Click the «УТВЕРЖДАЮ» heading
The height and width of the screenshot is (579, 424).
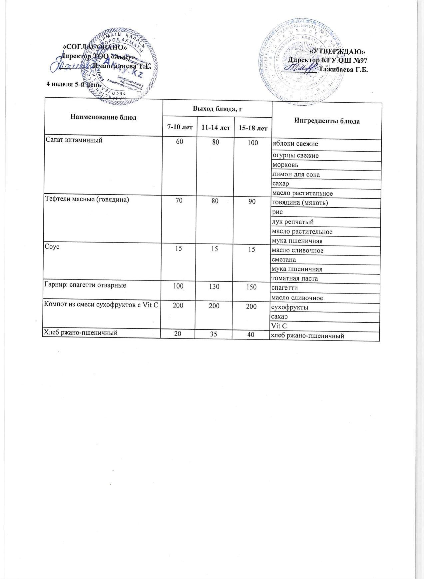click(x=338, y=52)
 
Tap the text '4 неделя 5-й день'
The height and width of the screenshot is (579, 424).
click(x=73, y=84)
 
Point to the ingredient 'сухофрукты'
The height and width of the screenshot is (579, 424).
click(x=290, y=307)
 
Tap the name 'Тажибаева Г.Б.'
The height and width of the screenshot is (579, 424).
click(x=343, y=70)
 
